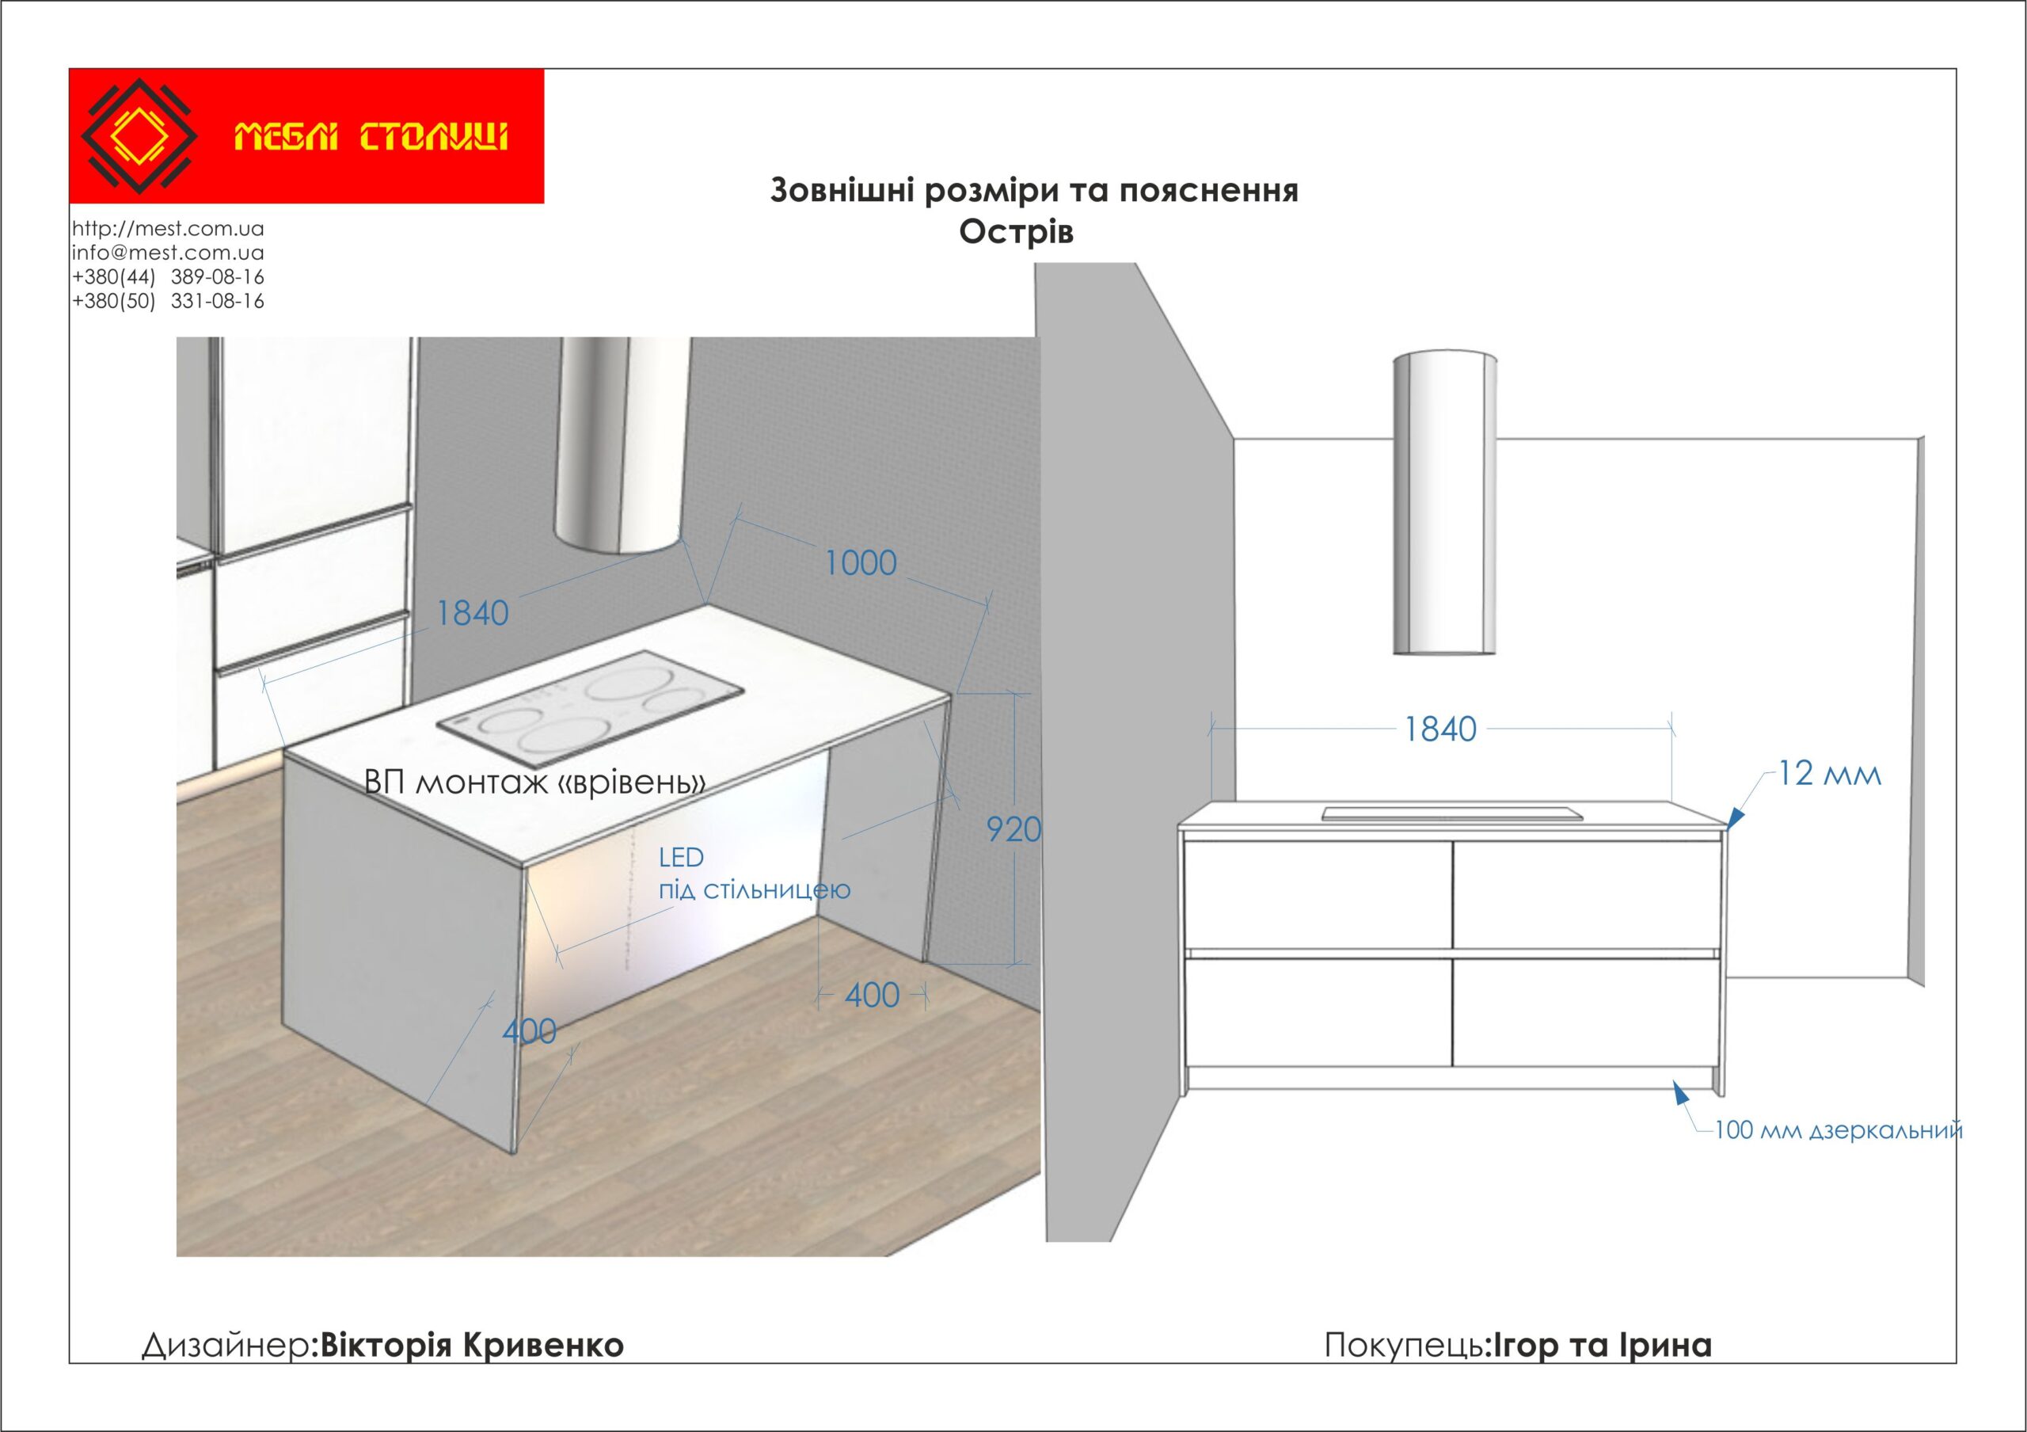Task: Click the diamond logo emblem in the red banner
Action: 139,136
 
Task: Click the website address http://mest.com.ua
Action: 168,229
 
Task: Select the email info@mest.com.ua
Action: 168,253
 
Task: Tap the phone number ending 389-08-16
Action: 168,276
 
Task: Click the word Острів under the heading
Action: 1016,232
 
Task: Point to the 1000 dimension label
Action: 861,563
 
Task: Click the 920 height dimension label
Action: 1013,830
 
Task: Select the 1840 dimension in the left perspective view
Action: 473,614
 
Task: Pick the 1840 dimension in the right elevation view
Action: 1441,729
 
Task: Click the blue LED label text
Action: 681,857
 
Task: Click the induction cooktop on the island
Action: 591,709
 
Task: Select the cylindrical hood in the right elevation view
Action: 1444,503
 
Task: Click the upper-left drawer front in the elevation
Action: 1318,895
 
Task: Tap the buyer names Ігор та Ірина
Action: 1602,1345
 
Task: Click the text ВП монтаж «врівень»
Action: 535,783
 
